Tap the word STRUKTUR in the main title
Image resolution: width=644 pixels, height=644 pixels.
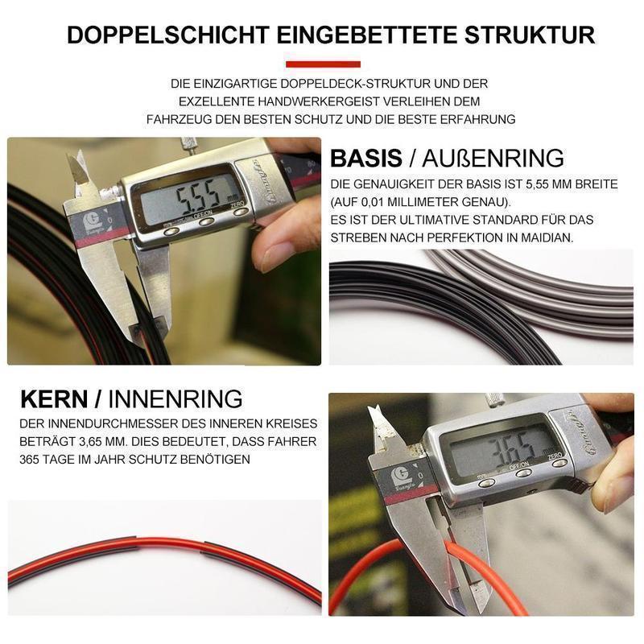[x=530, y=35]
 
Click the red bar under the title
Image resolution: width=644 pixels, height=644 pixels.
[x=323, y=64]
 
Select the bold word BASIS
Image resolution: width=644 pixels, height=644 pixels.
[x=366, y=158]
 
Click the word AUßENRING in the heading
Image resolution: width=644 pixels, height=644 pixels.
[x=493, y=158]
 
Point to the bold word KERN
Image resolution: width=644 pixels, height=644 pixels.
[x=54, y=398]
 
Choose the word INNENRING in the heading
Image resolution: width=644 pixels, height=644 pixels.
[x=175, y=398]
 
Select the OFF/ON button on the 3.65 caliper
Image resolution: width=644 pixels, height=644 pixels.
[x=522, y=473]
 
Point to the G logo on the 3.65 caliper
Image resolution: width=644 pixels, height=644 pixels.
[x=398, y=475]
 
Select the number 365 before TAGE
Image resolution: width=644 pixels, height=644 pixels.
[x=31, y=459]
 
